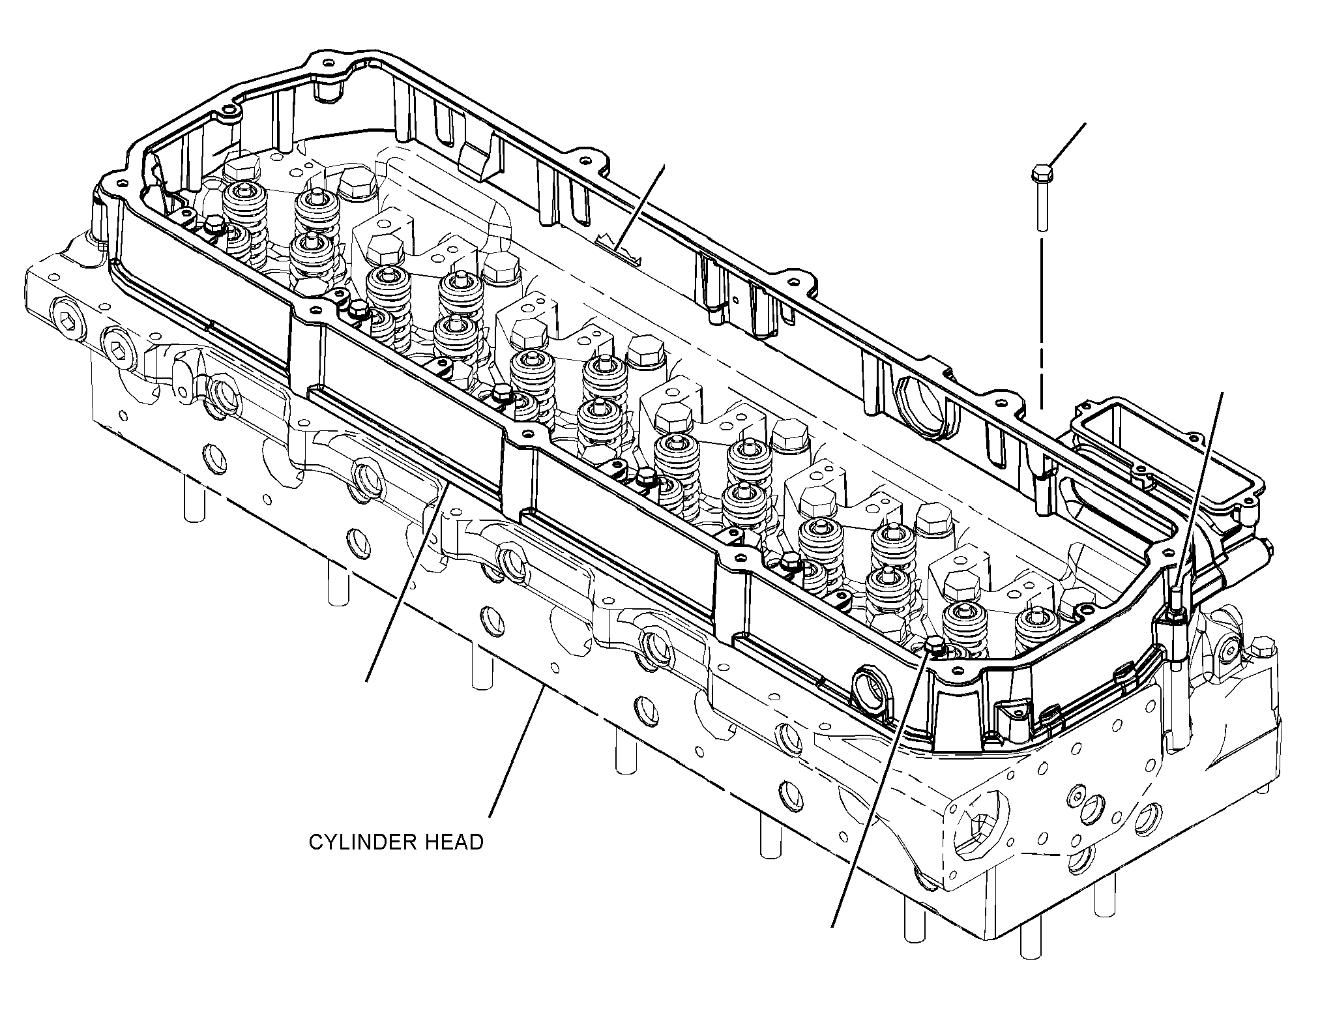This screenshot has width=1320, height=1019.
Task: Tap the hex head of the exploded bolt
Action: coord(1041,173)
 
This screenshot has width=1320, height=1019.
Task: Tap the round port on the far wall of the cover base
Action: coord(922,407)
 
